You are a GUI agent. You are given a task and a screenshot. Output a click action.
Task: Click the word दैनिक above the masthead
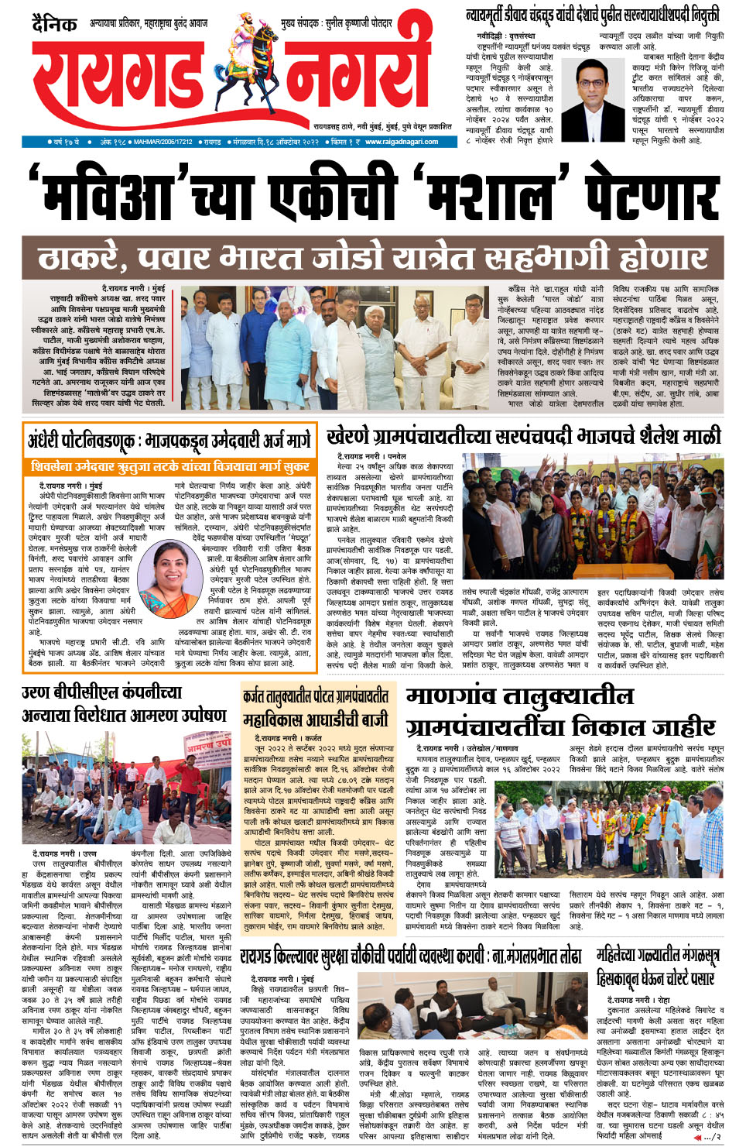coord(53,23)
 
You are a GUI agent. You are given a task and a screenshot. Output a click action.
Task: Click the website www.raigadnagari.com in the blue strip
coord(401,142)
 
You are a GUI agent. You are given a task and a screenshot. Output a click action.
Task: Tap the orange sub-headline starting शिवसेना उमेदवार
coord(169,466)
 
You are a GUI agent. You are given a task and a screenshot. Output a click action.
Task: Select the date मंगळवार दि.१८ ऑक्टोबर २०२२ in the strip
coord(271,142)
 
